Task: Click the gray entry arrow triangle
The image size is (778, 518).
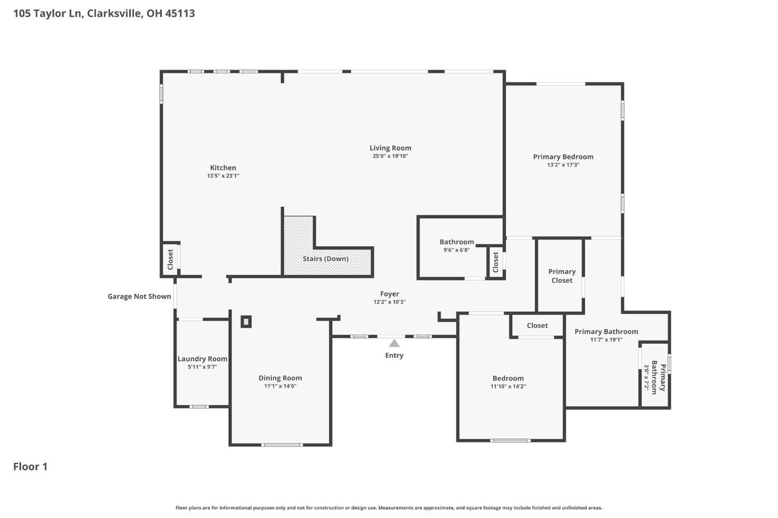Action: (x=394, y=343)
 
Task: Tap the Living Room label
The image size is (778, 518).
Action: (x=390, y=148)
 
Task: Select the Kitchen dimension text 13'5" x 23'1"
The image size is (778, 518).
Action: (x=223, y=176)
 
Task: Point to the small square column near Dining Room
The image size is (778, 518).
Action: (x=246, y=321)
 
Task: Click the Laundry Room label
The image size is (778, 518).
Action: (x=202, y=359)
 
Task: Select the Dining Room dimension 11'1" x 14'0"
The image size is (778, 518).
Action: (x=280, y=386)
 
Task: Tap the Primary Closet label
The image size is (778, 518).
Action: (x=562, y=276)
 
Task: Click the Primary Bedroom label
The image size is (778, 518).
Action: (x=563, y=157)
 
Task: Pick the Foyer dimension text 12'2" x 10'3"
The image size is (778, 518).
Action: (x=390, y=302)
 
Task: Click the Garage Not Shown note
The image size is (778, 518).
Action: (x=140, y=296)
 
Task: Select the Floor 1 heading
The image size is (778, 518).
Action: (x=30, y=466)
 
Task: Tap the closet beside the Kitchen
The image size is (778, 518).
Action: (x=170, y=259)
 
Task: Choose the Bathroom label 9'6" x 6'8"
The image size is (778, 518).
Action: (x=456, y=250)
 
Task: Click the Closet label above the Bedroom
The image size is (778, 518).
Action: (x=537, y=325)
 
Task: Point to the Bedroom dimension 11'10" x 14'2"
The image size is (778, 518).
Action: (x=508, y=386)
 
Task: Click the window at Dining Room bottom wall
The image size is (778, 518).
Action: (x=282, y=445)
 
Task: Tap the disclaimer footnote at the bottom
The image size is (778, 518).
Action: (x=388, y=508)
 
